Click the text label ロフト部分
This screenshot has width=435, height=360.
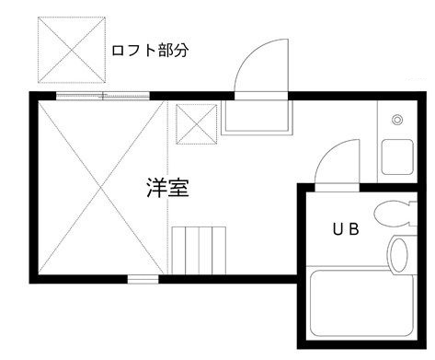coord(150,50)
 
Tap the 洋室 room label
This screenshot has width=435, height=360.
coord(167,189)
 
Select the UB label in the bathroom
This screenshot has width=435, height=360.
coord(345,227)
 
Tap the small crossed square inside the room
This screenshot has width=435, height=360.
coord(195,124)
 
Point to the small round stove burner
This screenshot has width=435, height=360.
coord(396,120)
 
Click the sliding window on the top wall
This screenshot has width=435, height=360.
coord(101,95)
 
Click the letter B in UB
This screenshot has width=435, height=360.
coord(353,227)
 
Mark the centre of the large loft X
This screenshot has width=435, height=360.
coord(101,184)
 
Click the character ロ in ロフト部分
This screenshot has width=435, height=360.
coord(118,50)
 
